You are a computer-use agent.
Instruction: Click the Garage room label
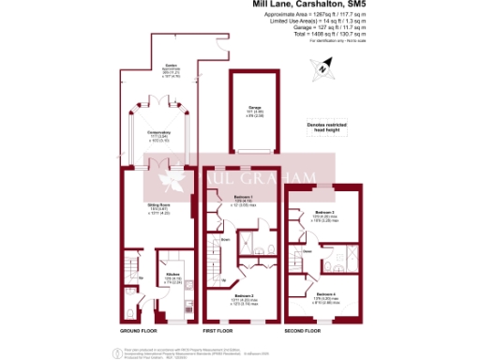pos(253,108)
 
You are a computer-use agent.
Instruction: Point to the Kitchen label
pos(173,278)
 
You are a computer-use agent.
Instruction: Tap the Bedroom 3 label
pos(324,215)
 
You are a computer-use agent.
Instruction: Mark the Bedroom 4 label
pos(325,296)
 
